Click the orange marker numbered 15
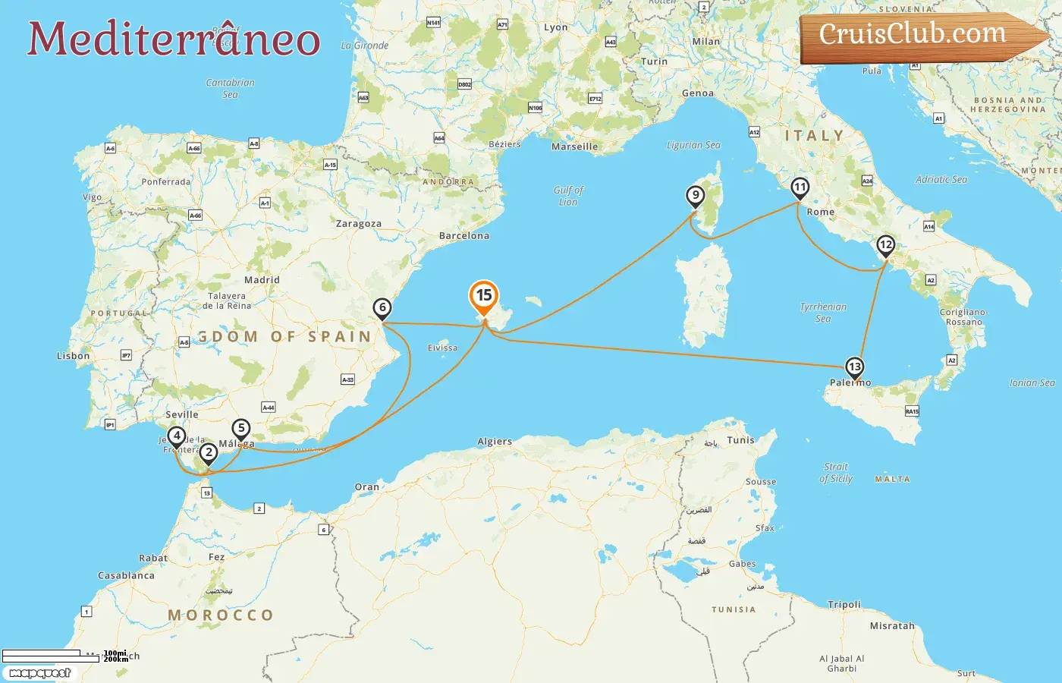484,295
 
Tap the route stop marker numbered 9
696,195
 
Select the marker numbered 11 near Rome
800,187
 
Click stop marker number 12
885,245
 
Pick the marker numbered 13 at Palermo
855,367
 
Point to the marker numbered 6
382,308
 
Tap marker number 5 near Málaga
241,429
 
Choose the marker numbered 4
177,436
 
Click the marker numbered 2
209,453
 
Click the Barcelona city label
464,236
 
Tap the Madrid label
262,280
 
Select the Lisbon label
74,356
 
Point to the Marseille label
574,146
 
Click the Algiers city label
495,442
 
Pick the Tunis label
741,440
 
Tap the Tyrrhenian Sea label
823,313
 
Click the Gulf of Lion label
568,196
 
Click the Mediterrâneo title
174,39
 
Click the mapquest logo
40,673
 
